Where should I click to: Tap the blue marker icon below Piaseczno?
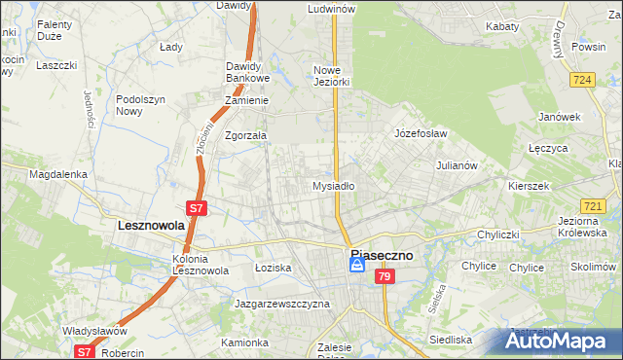tap(357, 265)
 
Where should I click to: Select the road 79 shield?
tap(385, 278)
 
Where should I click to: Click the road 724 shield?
tap(584, 80)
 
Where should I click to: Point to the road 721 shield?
tap(593, 206)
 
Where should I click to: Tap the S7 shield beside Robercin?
tap(85, 352)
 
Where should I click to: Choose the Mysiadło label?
tap(333, 185)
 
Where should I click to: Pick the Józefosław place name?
tap(420, 132)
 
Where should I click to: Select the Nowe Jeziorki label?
tap(332, 76)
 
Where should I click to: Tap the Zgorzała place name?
tap(246, 136)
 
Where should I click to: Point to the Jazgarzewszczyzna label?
tap(282, 304)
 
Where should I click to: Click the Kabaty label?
tap(502, 27)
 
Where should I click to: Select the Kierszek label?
tap(529, 185)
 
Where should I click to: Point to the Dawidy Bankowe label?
tap(246, 72)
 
